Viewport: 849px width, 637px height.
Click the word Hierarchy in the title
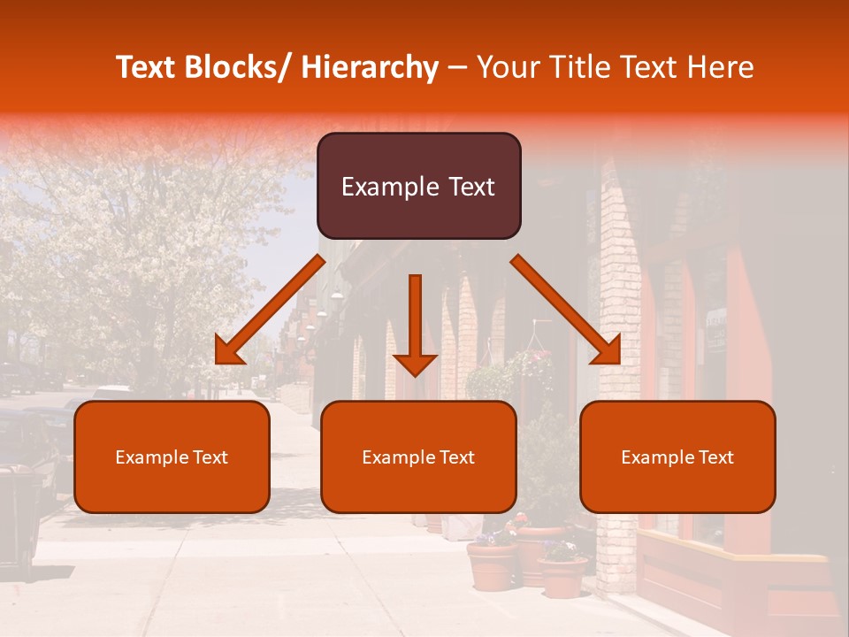click(370, 67)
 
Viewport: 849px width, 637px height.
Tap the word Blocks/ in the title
click(239, 67)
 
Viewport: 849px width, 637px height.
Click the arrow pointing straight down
click(415, 318)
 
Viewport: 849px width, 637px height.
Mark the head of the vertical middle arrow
click(415, 364)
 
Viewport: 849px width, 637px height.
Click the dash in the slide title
click(457, 67)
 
